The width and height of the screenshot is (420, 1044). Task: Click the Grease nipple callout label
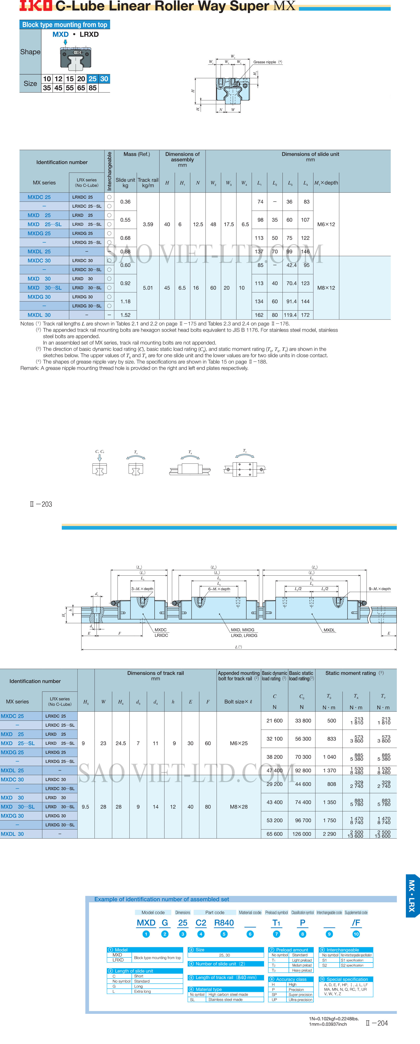[265, 62]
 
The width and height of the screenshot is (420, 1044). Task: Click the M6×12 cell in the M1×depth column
[326, 224]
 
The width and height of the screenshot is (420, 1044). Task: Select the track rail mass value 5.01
[148, 288]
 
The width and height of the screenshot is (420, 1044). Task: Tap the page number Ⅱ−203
[41, 504]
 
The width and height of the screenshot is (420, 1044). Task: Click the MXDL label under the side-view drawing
[329, 630]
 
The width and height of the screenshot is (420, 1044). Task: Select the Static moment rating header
[351, 673]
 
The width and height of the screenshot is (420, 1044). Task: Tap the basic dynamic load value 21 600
[274, 721]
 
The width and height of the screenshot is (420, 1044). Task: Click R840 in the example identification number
[224, 923]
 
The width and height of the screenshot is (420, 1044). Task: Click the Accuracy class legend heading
[291, 979]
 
